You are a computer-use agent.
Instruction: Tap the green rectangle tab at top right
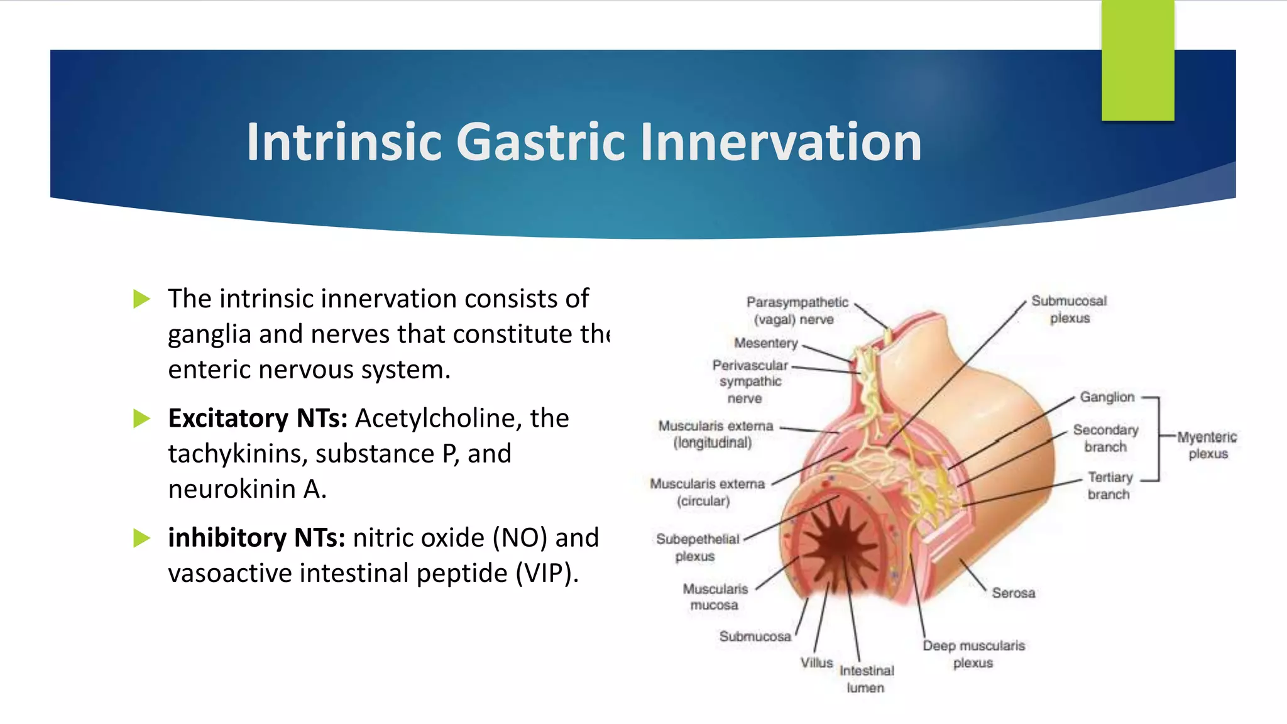click(1137, 60)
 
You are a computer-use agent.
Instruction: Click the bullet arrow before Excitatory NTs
click(142, 419)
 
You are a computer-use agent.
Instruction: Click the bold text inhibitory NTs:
click(256, 538)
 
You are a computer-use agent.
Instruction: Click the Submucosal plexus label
click(1069, 309)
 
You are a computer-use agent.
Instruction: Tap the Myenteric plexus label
click(1207, 445)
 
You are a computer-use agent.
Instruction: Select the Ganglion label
click(1107, 397)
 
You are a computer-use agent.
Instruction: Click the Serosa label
click(1013, 593)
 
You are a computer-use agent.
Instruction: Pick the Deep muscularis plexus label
click(973, 654)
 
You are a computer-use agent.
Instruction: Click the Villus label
click(816, 662)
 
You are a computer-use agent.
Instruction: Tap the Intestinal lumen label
click(866, 679)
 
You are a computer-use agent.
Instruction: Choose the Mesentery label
click(765, 343)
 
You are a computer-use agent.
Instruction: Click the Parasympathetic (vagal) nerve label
click(796, 310)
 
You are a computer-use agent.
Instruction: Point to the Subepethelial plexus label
click(697, 547)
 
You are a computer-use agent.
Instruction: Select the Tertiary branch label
click(1110, 486)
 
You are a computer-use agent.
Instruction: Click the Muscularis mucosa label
click(715, 597)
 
